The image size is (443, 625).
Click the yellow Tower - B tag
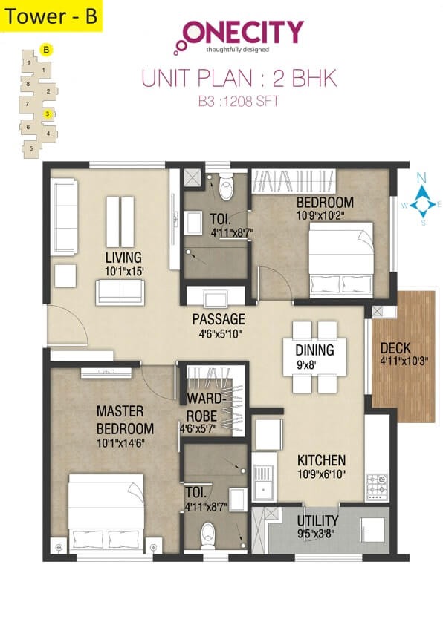pos(51,16)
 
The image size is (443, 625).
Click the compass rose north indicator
pos(422,178)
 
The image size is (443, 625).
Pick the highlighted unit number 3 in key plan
pos(48,114)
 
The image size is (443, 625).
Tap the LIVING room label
pos(123,258)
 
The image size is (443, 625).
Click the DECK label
pos(396,348)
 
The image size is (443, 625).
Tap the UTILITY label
pos(317,520)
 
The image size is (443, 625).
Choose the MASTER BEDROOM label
pos(125,420)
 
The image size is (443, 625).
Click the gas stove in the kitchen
pos(376,484)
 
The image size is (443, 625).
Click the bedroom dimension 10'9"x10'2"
pos(324,216)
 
